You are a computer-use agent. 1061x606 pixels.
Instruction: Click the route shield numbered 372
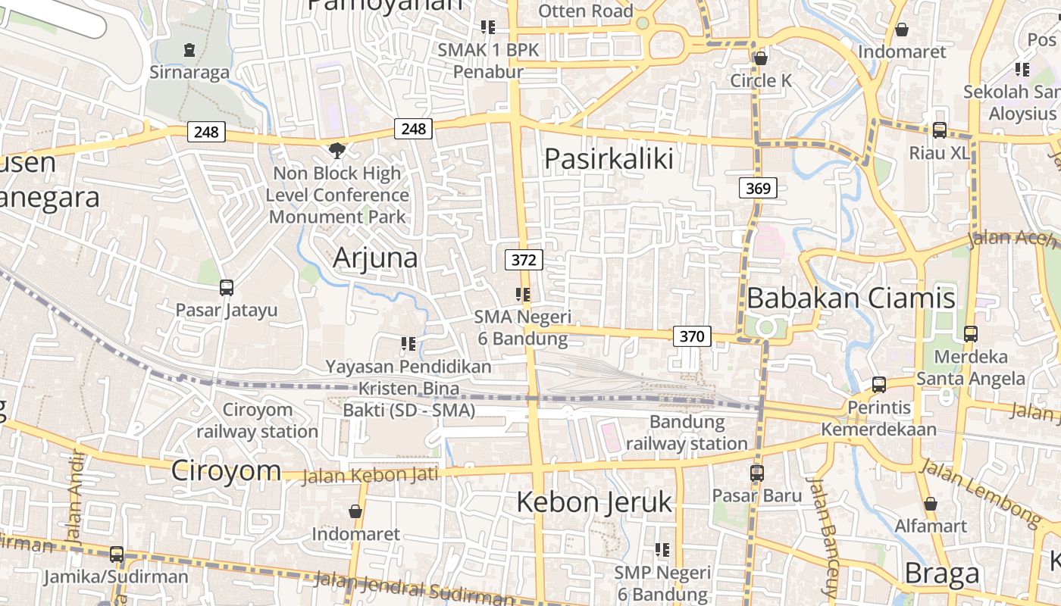(524, 261)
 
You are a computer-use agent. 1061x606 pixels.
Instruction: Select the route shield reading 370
(692, 336)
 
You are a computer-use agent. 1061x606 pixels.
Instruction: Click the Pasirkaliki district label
(609, 159)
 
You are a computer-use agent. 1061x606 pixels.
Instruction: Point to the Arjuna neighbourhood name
(375, 258)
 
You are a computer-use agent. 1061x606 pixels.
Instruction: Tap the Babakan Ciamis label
(850, 298)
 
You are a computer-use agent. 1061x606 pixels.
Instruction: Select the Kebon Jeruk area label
(594, 501)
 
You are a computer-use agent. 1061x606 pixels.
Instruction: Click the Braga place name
(941, 573)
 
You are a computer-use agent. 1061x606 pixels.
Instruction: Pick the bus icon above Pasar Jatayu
(226, 288)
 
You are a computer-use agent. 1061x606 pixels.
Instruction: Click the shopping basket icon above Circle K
(761, 58)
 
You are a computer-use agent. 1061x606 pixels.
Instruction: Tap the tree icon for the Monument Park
(336, 151)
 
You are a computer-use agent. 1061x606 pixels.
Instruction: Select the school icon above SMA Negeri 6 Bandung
(522, 294)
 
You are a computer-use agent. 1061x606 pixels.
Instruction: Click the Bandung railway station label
(687, 433)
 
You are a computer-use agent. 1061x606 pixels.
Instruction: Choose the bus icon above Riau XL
(939, 130)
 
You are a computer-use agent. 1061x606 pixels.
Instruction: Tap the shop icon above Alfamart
(931, 504)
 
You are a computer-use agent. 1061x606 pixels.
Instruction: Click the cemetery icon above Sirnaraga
(189, 51)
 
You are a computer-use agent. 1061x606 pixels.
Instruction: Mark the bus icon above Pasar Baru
(756, 473)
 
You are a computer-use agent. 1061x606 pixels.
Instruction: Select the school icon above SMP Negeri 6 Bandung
(662, 550)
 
